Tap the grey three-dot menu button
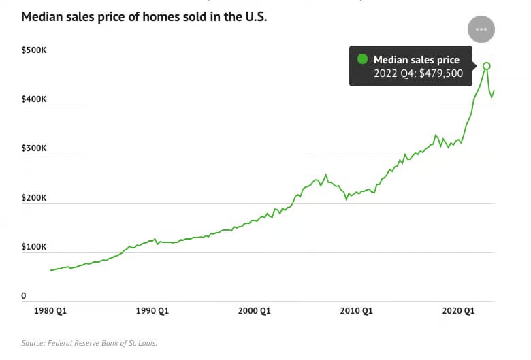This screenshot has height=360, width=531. pos(481,29)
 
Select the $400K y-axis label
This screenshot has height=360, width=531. pos(33,99)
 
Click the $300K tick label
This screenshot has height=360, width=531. pos(33,148)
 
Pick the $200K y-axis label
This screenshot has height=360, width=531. pos(33,198)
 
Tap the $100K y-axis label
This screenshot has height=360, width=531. pos(33,247)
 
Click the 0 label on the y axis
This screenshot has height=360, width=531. pos(23,296)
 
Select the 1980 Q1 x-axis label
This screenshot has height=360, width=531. pos(50,311)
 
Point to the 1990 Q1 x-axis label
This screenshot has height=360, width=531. pos(152,311)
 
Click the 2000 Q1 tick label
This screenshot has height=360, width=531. pos(255,311)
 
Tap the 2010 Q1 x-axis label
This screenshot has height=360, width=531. pos(357,311)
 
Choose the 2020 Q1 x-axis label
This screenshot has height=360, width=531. pos(459,311)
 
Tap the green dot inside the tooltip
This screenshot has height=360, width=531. pos(363,59)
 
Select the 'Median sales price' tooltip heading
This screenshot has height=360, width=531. pos(417,60)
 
